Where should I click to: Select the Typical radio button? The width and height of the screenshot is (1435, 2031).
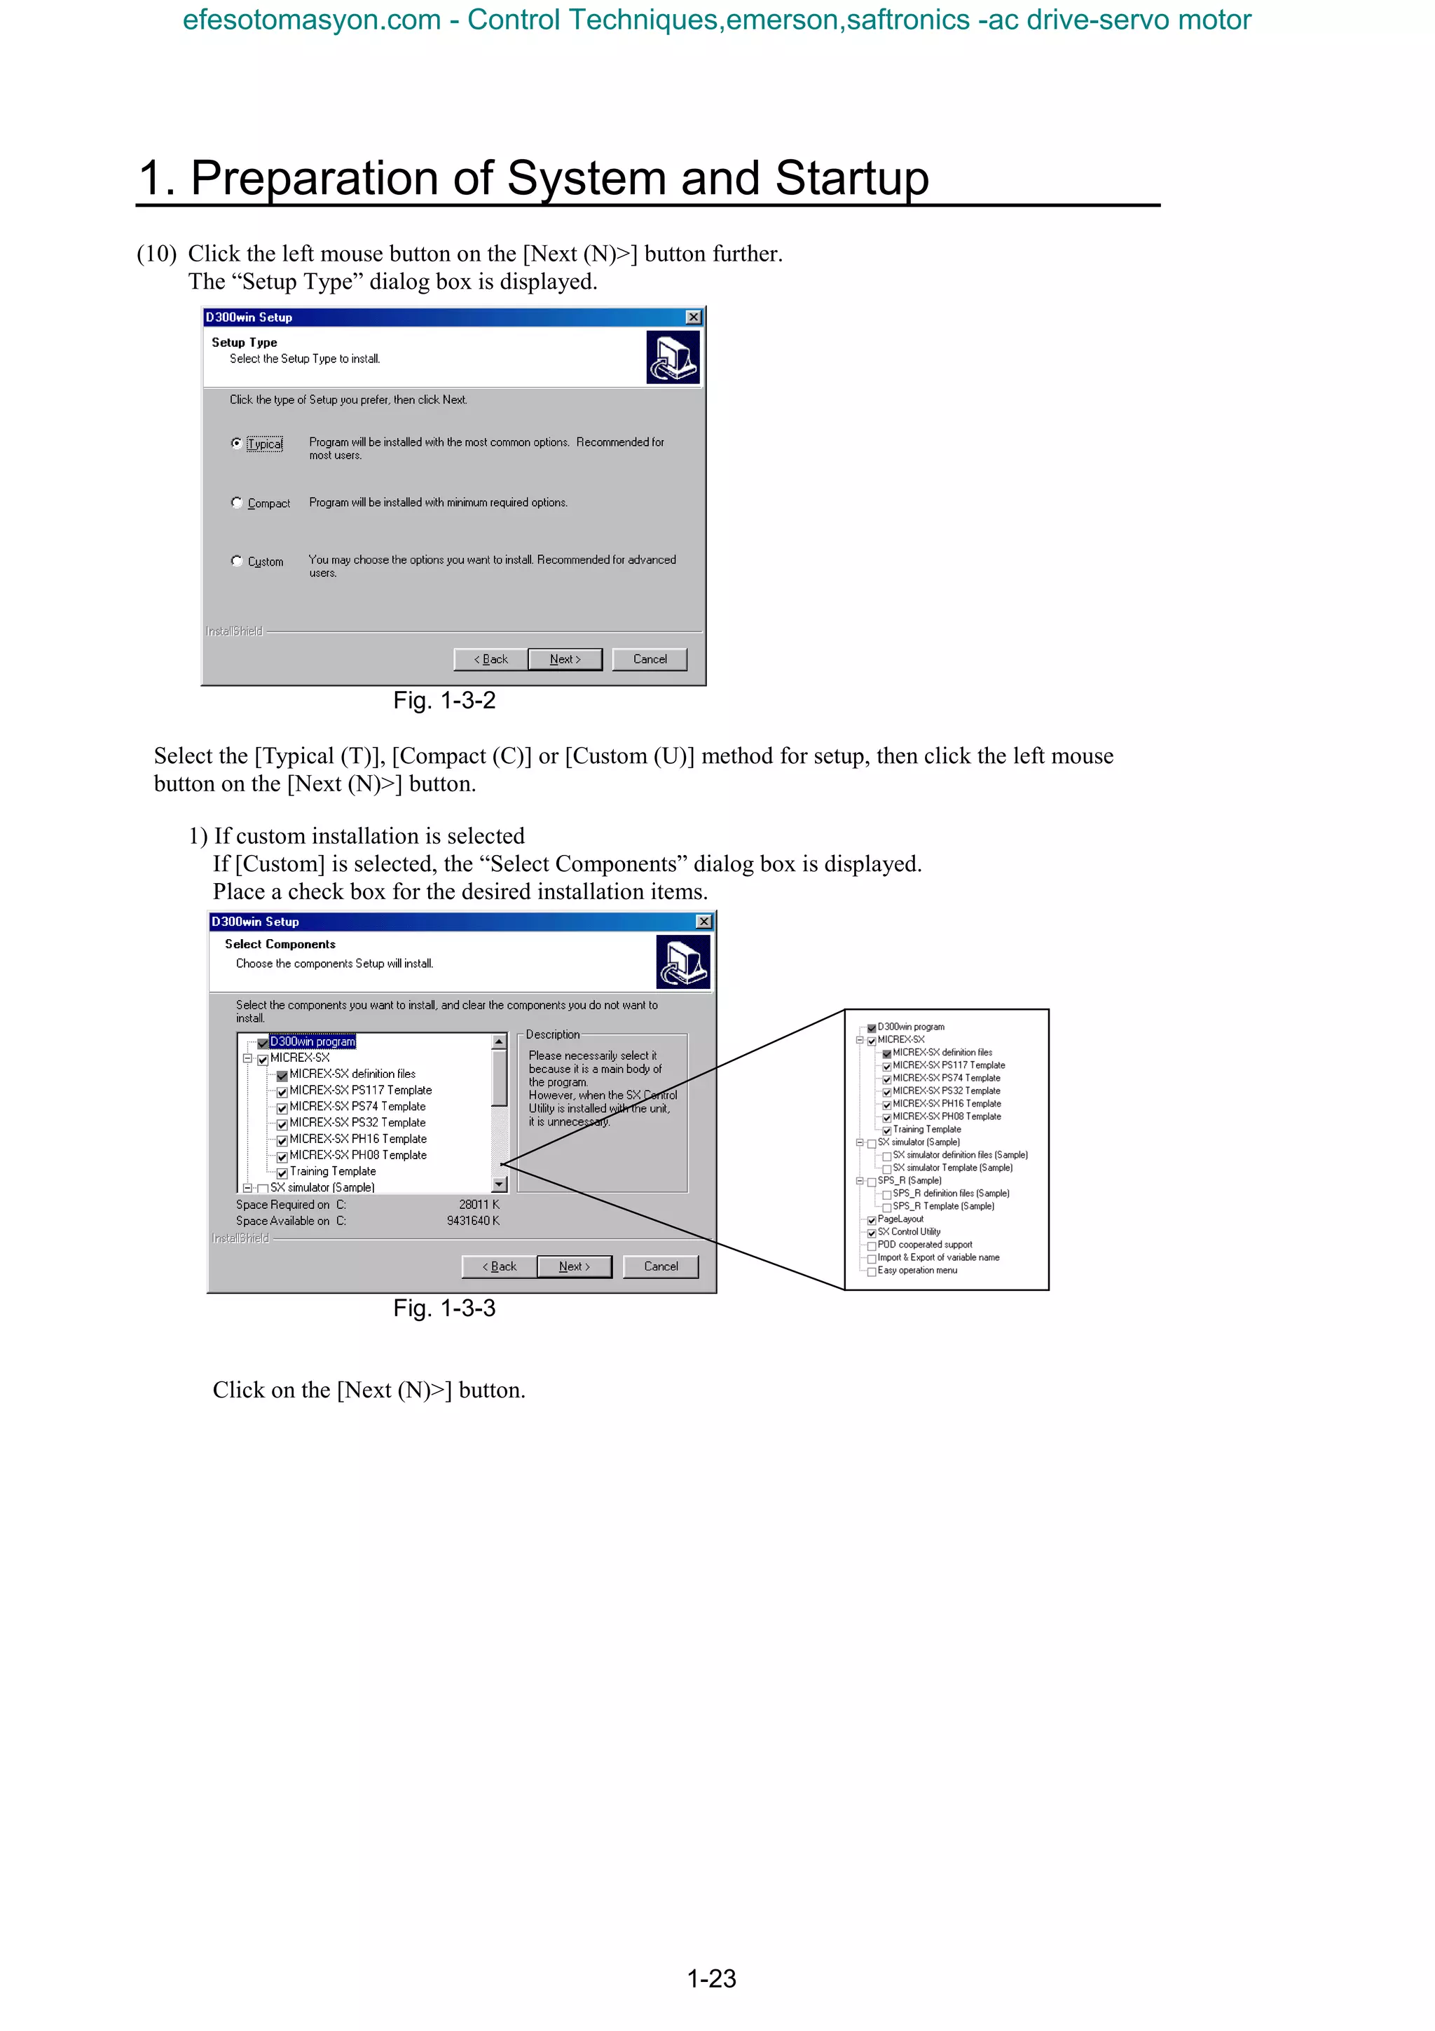[x=237, y=443]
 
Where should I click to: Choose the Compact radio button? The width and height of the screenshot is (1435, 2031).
[x=237, y=502]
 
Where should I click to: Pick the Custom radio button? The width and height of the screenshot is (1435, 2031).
[x=237, y=561]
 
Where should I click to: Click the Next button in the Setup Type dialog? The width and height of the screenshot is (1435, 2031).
[x=565, y=659]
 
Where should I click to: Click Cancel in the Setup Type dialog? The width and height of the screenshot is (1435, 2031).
[x=650, y=659]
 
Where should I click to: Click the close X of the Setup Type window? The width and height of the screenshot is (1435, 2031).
[x=694, y=317]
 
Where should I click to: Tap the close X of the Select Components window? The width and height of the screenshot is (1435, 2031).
[x=703, y=922]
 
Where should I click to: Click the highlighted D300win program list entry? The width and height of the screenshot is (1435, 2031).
[x=312, y=1041]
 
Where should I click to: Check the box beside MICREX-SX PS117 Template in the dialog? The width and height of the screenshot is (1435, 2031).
[x=282, y=1093]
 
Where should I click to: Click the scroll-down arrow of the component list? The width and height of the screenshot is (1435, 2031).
[x=499, y=1184]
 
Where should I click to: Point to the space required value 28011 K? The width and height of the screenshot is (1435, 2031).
[x=479, y=1205]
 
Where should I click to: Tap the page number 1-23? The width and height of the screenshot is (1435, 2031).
[x=712, y=1979]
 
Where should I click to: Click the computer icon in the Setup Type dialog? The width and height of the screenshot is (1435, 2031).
[x=673, y=357]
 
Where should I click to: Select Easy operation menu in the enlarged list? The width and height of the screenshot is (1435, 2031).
[x=917, y=1271]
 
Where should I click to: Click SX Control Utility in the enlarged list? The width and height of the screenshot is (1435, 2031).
[x=909, y=1231]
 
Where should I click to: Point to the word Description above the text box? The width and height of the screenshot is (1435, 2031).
[x=553, y=1034]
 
